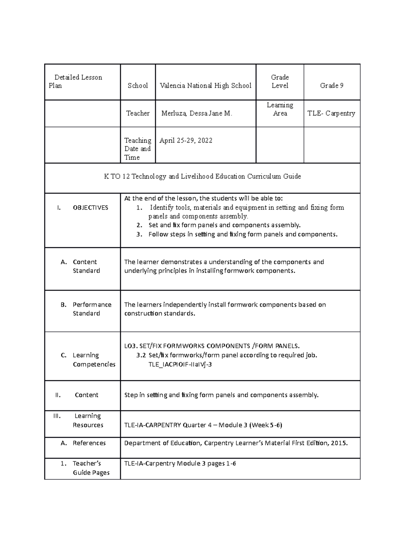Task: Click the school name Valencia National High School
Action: point(205,86)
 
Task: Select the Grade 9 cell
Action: point(331,86)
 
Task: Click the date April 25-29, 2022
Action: point(186,140)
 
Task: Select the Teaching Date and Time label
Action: point(137,149)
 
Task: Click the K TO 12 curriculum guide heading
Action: point(202,176)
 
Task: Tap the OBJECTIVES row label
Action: point(90,207)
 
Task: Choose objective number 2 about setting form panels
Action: point(224,225)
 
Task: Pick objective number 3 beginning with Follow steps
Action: point(243,234)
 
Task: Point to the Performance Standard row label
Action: point(92,309)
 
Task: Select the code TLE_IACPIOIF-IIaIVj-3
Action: point(180,364)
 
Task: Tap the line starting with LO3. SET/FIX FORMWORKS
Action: point(212,346)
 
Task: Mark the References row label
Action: point(89,443)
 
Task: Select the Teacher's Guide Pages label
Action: point(91,468)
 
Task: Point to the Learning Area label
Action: point(280,109)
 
